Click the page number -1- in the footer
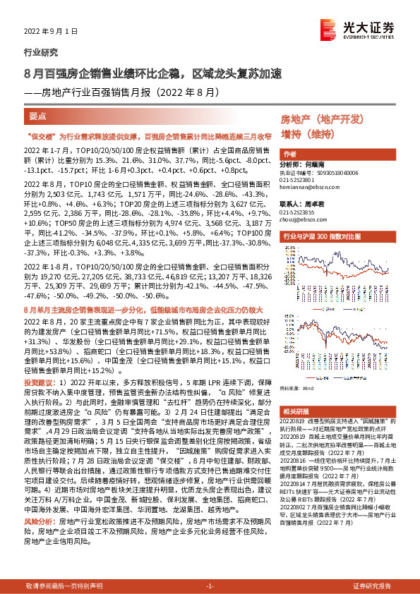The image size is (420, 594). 210,586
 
